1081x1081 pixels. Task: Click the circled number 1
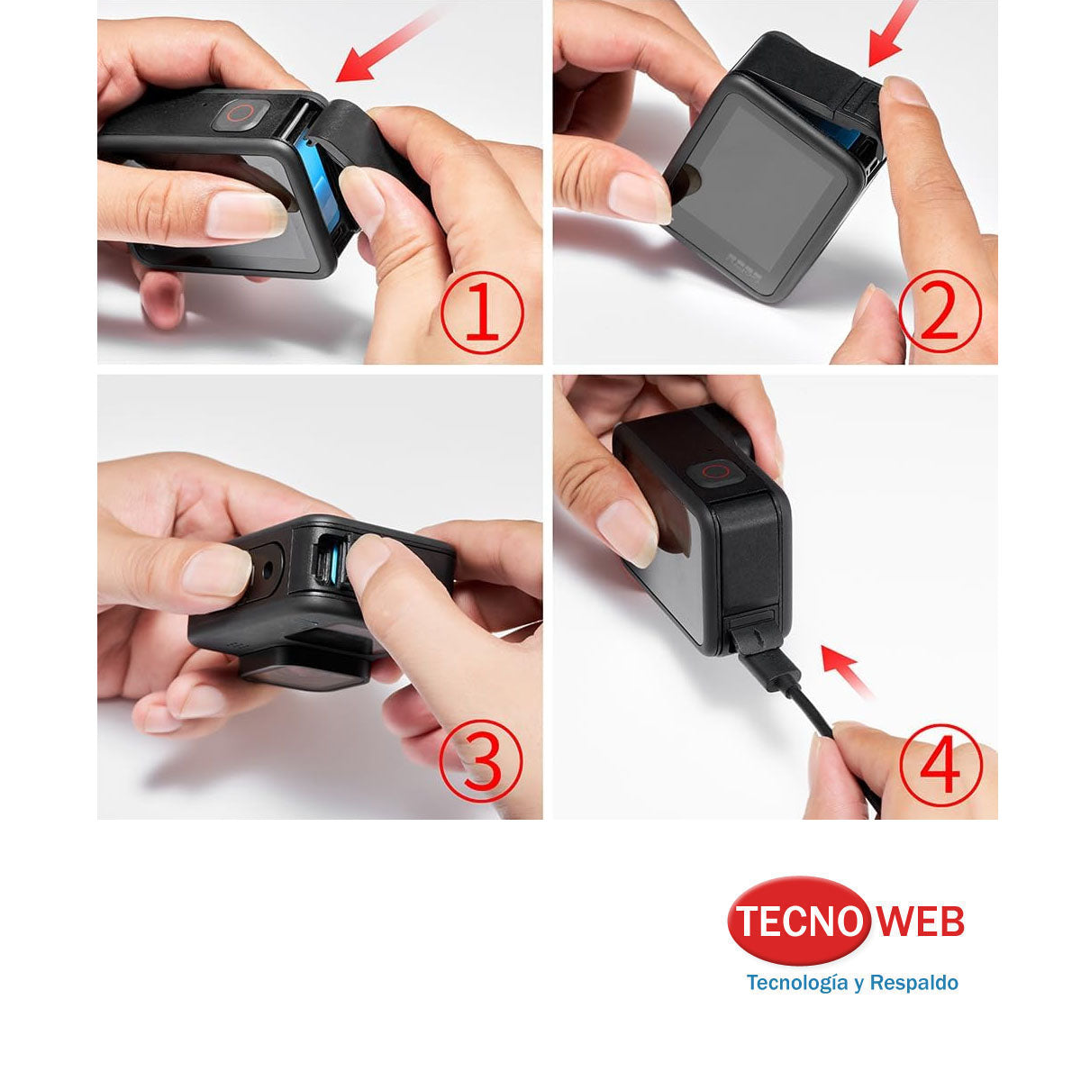click(482, 309)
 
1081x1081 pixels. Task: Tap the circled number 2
click(940, 309)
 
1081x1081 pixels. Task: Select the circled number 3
click(481, 763)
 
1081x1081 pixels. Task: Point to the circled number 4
click(940, 764)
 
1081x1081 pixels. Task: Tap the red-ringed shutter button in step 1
click(241, 114)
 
